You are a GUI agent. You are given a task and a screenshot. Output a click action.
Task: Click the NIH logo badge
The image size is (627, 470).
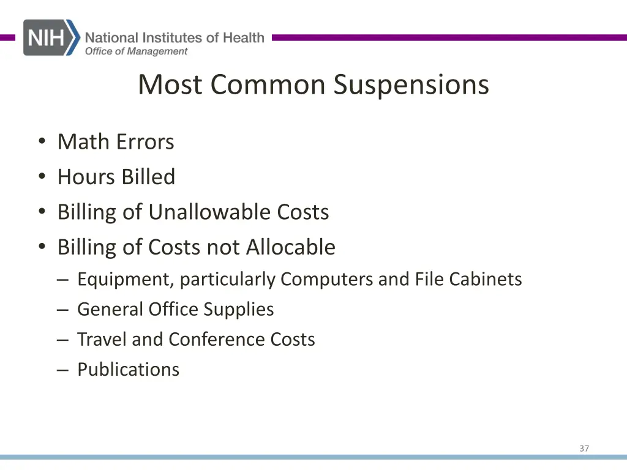pos(51,37)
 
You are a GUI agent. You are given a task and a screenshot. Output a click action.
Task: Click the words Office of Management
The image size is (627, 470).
pos(136,51)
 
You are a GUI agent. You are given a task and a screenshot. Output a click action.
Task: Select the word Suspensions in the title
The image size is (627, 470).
pos(411,84)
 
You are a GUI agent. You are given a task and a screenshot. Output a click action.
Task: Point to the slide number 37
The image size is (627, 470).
pos(584,449)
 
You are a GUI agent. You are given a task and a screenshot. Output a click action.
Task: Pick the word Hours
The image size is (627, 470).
pos(86,177)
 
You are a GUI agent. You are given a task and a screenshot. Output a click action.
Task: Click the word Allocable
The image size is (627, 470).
pos(291,247)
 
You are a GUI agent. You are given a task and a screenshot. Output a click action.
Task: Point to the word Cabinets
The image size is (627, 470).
pos(486,280)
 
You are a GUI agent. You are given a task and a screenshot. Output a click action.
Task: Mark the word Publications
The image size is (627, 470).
pos(128,370)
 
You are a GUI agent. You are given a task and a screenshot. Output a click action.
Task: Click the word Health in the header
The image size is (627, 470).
pos(243,38)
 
